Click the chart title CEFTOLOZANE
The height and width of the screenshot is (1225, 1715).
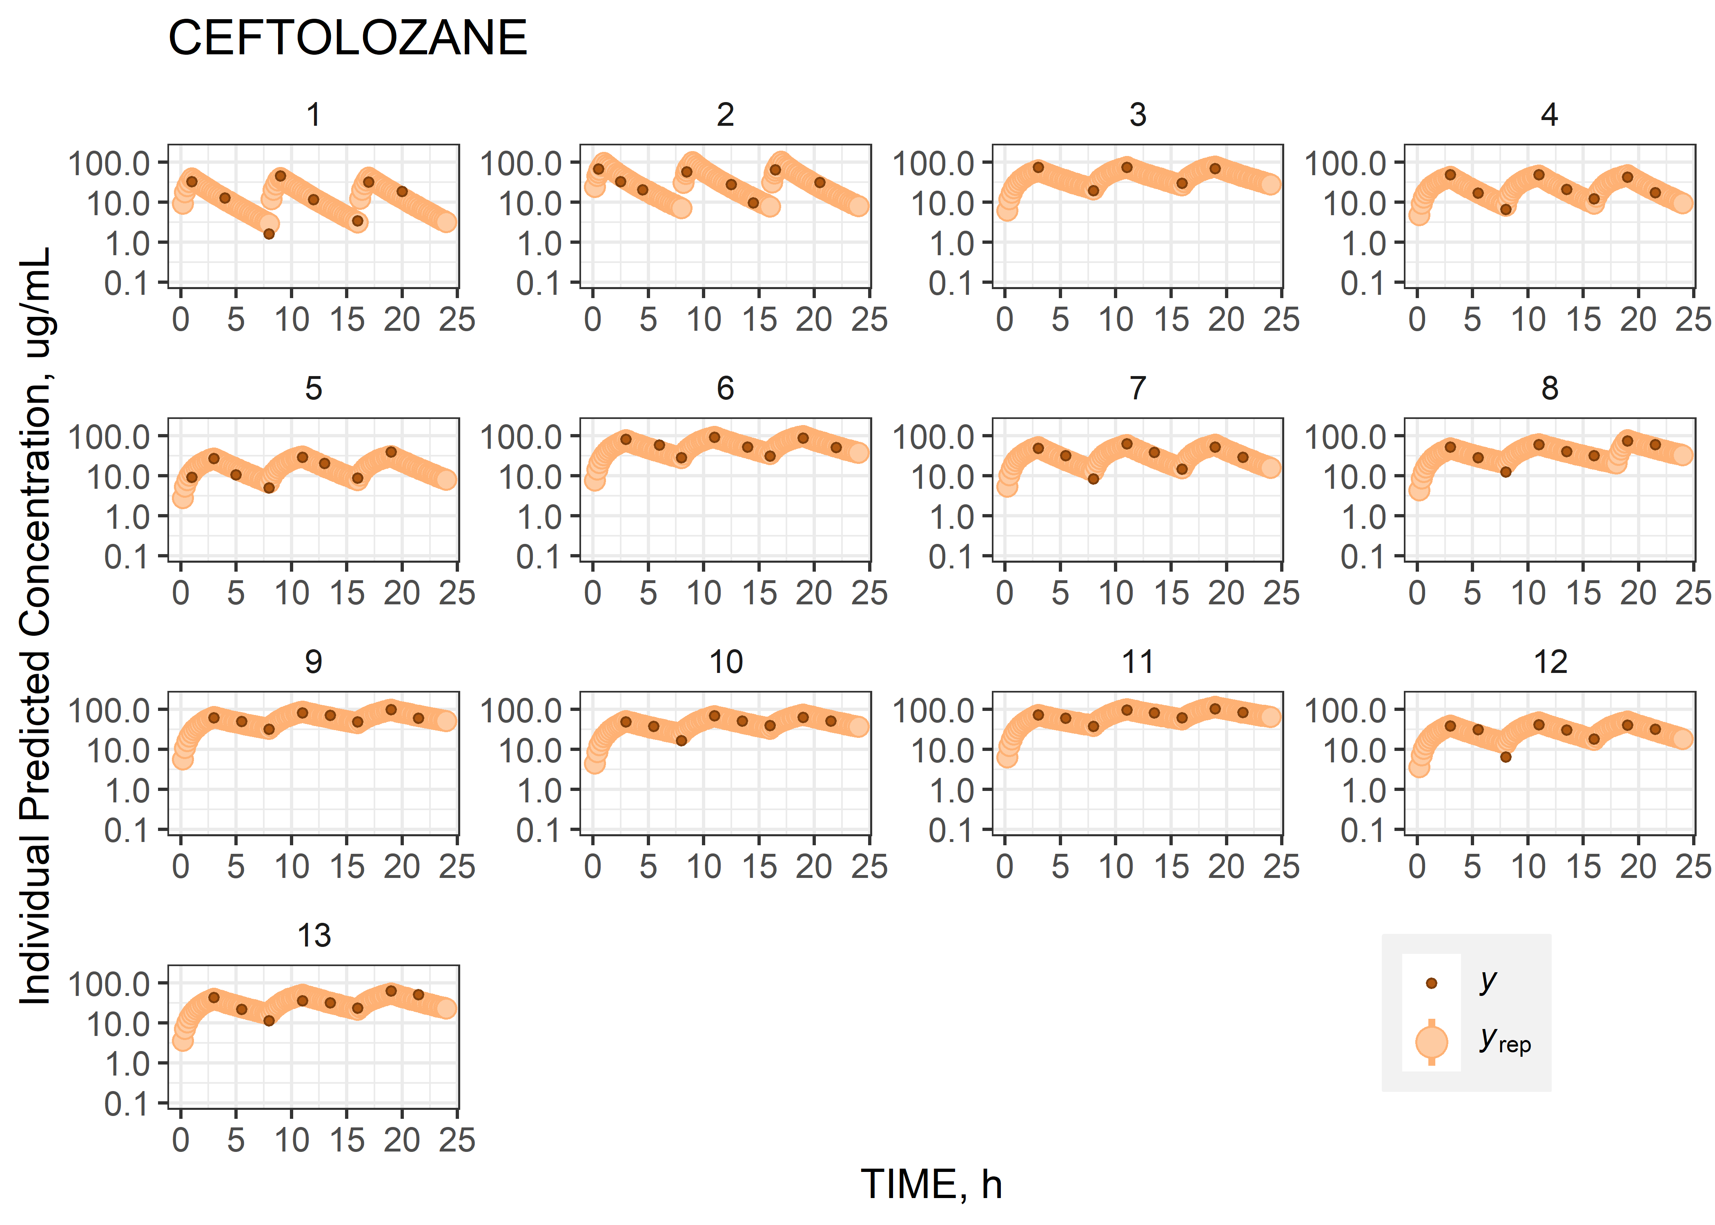347,38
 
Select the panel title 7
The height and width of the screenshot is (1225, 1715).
1137,388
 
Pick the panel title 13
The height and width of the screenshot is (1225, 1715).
314,936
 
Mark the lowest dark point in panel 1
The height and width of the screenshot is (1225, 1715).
269,234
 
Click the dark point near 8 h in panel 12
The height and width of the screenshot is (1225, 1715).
1506,757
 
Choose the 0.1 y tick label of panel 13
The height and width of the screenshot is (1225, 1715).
127,1104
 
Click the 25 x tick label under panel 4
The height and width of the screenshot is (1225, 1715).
1693,320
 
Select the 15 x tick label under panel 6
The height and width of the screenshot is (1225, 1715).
759,594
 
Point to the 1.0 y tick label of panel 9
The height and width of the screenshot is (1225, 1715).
127,791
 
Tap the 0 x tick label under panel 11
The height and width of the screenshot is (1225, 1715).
1004,867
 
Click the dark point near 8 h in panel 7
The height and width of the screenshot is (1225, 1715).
1093,478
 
